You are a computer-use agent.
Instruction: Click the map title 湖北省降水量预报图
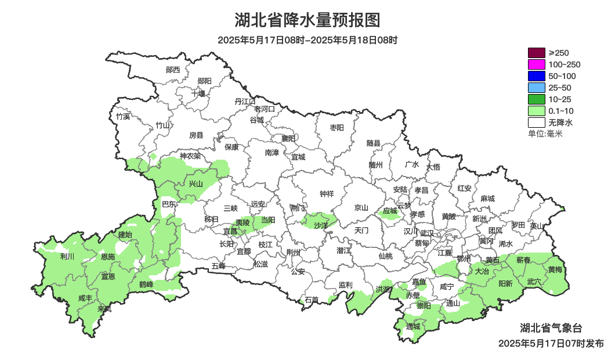[x=307, y=20]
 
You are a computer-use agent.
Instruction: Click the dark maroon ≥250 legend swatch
[x=536, y=53]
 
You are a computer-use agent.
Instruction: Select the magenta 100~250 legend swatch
[x=536, y=64]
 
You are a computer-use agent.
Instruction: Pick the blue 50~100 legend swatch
[x=536, y=76]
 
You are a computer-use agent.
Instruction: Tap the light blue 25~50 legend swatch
[x=536, y=88]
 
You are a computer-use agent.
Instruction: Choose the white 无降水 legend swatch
[x=536, y=123]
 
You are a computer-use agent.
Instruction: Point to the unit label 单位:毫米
[x=545, y=134]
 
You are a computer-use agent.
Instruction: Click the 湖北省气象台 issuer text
[x=551, y=328]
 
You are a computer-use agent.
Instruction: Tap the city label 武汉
[x=427, y=233]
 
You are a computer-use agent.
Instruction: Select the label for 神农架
[x=190, y=156]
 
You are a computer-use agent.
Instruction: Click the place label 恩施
[x=108, y=257]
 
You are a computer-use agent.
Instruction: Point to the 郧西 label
[x=173, y=70]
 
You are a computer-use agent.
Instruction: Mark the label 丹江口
[x=245, y=101]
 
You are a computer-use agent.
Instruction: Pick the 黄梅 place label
[x=555, y=269]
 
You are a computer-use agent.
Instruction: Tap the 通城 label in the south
[x=413, y=326]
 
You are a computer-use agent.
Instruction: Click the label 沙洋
[x=321, y=225]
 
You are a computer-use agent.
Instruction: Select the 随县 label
[x=374, y=143]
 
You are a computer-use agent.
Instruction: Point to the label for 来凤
[x=104, y=309]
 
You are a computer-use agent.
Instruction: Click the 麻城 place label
[x=487, y=199]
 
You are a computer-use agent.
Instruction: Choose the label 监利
[x=345, y=285]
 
